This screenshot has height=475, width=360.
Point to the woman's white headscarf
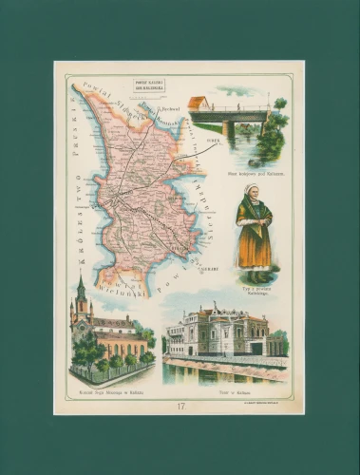253,194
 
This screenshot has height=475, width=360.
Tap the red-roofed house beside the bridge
199,103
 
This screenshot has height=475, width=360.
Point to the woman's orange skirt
253,250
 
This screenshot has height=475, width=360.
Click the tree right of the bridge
275,133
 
